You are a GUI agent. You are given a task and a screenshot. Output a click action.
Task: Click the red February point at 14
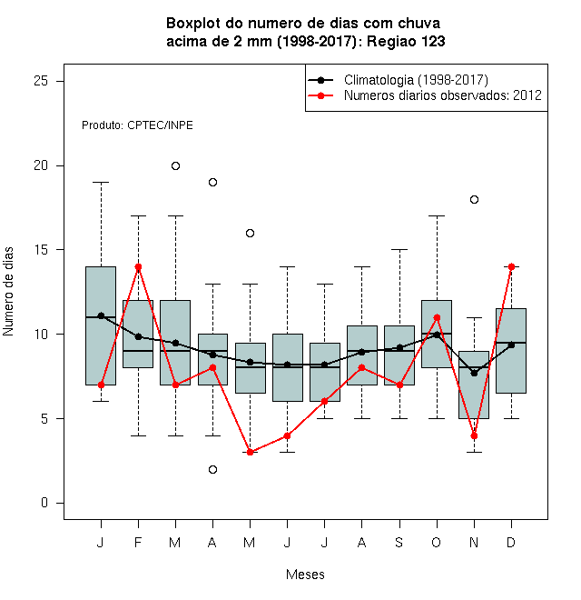click(138, 266)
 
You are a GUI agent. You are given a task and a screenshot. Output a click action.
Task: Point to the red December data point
click(511, 266)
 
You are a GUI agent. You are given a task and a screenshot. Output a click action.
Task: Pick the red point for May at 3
click(250, 453)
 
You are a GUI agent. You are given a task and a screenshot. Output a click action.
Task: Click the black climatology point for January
click(101, 315)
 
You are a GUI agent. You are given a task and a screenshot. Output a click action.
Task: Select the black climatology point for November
click(474, 373)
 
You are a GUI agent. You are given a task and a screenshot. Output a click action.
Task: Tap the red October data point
click(437, 317)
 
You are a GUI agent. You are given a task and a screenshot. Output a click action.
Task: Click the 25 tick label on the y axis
click(41, 81)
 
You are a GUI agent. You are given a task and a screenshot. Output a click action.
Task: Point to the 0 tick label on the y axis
click(44, 503)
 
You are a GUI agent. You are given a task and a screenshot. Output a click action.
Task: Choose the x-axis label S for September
click(399, 542)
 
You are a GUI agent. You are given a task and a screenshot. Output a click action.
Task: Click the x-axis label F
click(138, 542)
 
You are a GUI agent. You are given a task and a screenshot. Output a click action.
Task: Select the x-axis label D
click(511, 542)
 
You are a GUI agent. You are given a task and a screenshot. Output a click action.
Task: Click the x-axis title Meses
click(305, 575)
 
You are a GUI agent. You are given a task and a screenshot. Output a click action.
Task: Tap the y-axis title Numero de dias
click(8, 292)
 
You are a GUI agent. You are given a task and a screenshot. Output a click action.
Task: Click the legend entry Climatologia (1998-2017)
click(416, 80)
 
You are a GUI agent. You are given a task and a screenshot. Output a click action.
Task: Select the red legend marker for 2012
click(320, 95)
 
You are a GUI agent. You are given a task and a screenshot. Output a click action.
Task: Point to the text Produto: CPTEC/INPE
click(137, 125)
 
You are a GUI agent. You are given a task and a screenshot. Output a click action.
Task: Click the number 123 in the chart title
click(432, 41)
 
